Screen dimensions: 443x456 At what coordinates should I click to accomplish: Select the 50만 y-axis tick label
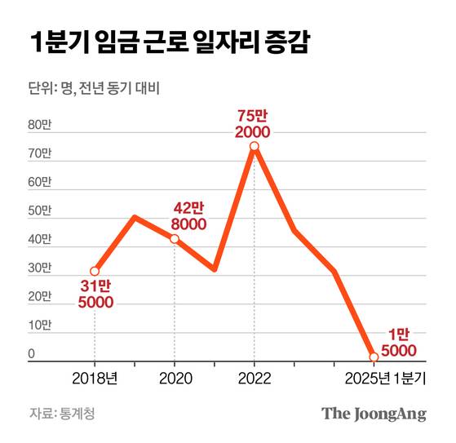40,210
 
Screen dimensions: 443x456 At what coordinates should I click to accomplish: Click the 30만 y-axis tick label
40,268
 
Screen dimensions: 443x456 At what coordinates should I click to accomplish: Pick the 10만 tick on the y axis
40,326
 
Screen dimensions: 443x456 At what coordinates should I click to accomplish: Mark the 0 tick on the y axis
33,354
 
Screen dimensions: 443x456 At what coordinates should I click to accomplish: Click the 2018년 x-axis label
95,378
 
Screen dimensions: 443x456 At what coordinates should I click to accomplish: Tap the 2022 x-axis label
254,378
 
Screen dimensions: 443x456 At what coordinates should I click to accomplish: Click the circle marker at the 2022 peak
255,146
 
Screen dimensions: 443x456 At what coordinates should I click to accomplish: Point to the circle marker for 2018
95,271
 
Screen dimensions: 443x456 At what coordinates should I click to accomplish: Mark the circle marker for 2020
174,238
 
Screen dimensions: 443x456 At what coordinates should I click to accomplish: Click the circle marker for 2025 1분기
374,357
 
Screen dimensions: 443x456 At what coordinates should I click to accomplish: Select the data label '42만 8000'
188,216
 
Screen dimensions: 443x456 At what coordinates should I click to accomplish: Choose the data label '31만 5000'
96,294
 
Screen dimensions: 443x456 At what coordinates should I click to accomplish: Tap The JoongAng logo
374,413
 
